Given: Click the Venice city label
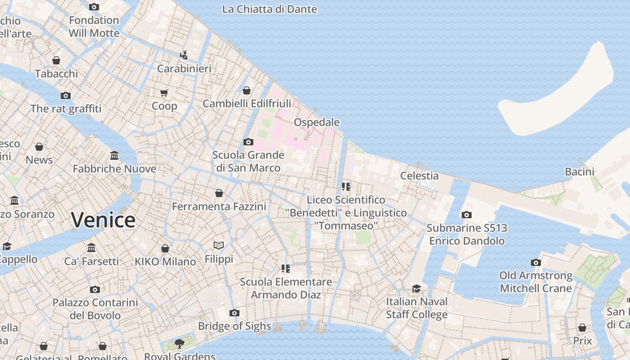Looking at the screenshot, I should pyautogui.click(x=103, y=220).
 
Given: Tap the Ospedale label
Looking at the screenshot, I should pyautogui.click(x=316, y=122).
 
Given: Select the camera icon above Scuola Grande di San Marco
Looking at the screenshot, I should pyautogui.click(x=248, y=142).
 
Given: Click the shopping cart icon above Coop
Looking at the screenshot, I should pyautogui.click(x=164, y=93).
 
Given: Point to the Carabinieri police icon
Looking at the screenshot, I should pyautogui.click(x=184, y=55).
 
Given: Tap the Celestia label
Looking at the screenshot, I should pyautogui.click(x=419, y=176).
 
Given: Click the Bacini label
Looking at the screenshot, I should pyautogui.click(x=579, y=171).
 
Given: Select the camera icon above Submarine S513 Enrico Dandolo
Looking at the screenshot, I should pyautogui.click(x=467, y=215).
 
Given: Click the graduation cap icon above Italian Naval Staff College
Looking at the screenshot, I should pyautogui.click(x=417, y=288).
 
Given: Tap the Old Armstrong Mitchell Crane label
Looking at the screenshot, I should pyautogui.click(x=535, y=282).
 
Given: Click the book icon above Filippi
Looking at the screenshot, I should pyautogui.click(x=219, y=245).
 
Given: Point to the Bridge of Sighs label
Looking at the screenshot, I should pyautogui.click(x=234, y=326).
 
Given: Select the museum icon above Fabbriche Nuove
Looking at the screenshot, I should pyautogui.click(x=114, y=156).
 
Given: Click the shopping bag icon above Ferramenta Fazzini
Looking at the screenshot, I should pyautogui.click(x=219, y=193).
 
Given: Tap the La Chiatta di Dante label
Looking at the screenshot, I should pyautogui.click(x=269, y=9).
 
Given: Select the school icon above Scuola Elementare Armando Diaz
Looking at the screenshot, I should pyautogui.click(x=285, y=269).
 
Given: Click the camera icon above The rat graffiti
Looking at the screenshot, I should pyautogui.click(x=66, y=95).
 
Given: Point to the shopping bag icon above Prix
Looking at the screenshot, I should pyautogui.click(x=582, y=328).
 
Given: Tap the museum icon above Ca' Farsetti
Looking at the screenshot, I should pyautogui.click(x=91, y=248).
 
